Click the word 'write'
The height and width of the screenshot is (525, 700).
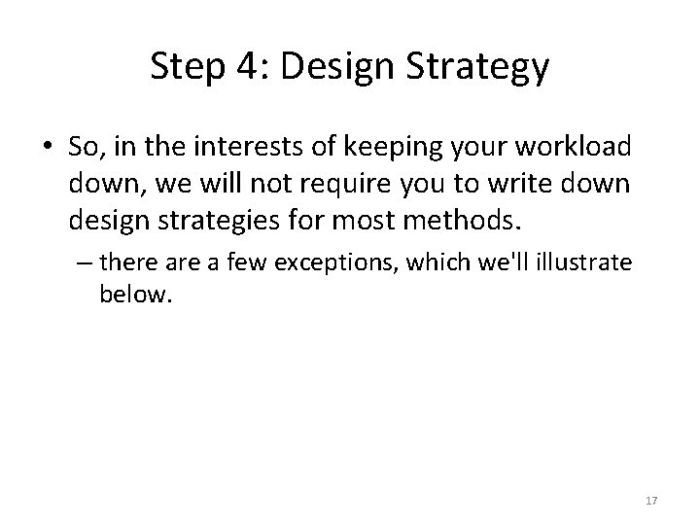[x=509, y=185]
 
